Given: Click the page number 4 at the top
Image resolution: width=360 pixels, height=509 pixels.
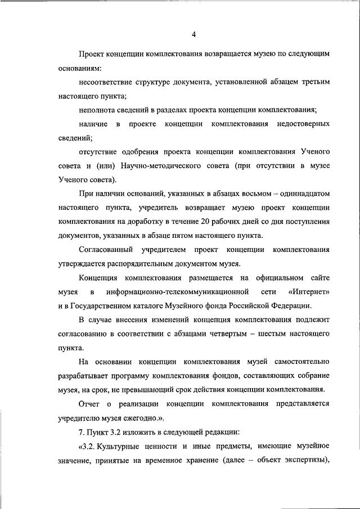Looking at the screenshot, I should click(x=193, y=34).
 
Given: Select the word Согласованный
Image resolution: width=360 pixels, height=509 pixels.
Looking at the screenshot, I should click(x=106, y=249).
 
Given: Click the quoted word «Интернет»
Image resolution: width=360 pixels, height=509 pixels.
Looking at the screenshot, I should click(x=308, y=292).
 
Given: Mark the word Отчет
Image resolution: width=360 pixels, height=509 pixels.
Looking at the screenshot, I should click(x=89, y=404).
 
